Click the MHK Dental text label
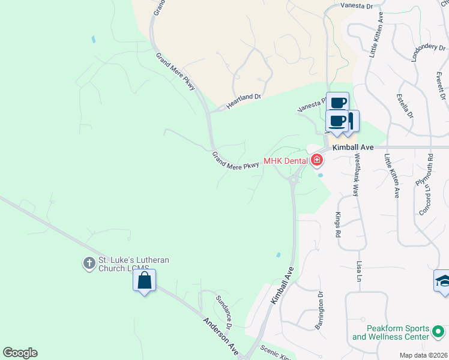pyautogui.click(x=285, y=161)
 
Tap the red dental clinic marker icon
pyautogui.click(x=316, y=160)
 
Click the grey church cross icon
pyautogui.click(x=89, y=263)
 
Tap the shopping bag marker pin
pyautogui.click(x=144, y=280)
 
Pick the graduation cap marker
pyautogui.click(x=443, y=281)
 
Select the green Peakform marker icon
pyautogui.click(x=439, y=331)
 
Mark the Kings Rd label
pyautogui.click(x=338, y=224)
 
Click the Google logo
pyautogui.click(x=20, y=353)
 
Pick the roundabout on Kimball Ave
pyautogui.click(x=294, y=178)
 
